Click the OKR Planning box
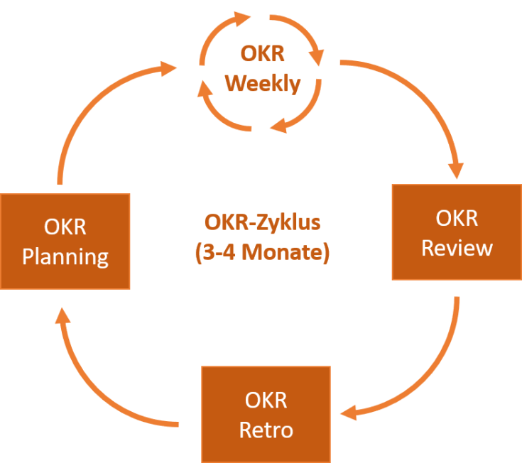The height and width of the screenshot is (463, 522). (65, 241)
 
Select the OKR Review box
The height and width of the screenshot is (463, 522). (457, 232)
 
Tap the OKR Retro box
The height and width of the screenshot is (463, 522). (266, 414)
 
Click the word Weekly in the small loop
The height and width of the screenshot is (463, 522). (262, 84)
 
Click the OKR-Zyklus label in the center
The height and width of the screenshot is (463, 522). (262, 222)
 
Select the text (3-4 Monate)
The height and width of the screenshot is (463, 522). (262, 252)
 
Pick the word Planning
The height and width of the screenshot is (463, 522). (65, 256)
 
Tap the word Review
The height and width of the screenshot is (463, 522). (457, 247)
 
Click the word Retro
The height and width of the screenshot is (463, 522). (266, 430)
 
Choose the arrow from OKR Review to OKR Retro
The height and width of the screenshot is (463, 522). (433, 369)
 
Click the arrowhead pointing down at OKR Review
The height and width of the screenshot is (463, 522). (455, 170)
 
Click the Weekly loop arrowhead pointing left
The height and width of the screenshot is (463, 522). (278, 126)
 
